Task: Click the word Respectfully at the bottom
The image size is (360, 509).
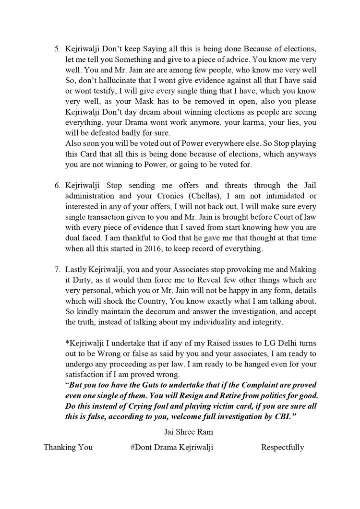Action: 282,447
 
